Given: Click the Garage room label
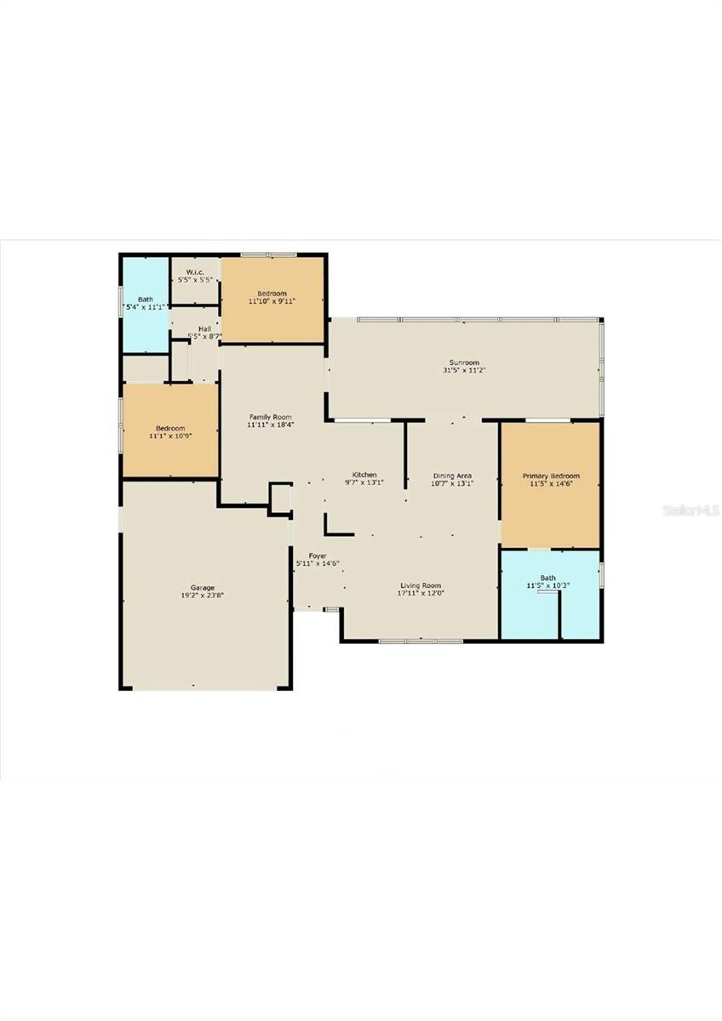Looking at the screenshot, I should tap(202, 588).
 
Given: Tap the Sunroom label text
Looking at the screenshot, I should tap(464, 362).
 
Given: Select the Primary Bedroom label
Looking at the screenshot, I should tap(551, 476).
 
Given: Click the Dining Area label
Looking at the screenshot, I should tap(452, 476).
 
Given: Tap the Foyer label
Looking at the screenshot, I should tap(318, 556).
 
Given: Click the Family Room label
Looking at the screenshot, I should tap(270, 417).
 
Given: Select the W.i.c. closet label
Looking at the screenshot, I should tap(195, 272).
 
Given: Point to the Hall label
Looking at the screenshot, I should tap(204, 328).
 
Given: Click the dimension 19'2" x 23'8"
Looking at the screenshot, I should tap(202, 596).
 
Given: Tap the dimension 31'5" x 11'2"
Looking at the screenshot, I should tap(464, 370).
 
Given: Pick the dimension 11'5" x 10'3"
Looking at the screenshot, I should tap(551, 586).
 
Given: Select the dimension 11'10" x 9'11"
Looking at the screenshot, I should tap(272, 301).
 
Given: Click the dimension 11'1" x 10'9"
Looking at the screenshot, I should tap(169, 436).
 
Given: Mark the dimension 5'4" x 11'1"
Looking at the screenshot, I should tap(146, 306).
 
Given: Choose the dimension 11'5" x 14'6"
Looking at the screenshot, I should tap(551, 484).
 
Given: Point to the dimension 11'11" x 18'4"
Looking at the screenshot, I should tap(270, 425).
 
